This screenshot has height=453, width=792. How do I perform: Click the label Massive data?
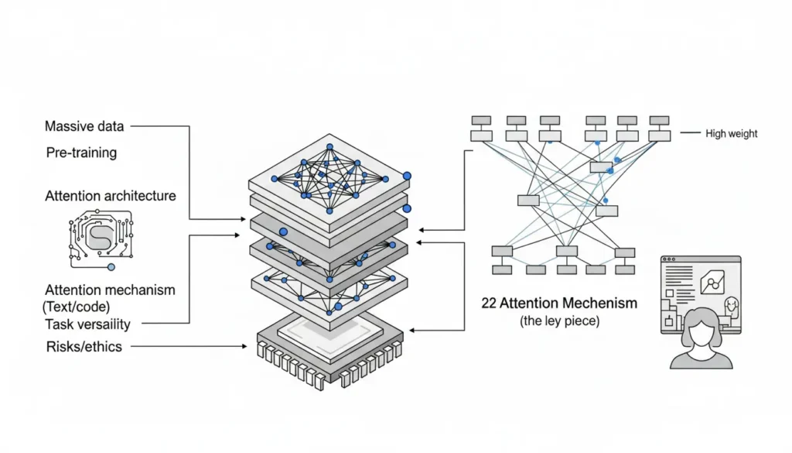(84, 126)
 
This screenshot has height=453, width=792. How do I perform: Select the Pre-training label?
(81, 153)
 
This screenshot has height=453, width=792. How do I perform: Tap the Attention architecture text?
(111, 196)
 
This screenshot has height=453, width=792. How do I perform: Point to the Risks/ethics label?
(84, 346)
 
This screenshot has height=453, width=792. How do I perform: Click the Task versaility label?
(87, 324)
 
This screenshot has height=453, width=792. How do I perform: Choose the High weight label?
(732, 134)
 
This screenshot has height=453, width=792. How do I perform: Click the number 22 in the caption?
(489, 303)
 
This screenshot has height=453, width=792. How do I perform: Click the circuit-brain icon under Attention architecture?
(100, 235)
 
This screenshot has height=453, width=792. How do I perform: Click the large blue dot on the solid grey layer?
(283, 231)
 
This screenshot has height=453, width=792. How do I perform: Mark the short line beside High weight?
(688, 134)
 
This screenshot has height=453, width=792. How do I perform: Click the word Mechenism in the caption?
(599, 303)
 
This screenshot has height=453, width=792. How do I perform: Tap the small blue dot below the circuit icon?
(111, 267)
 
